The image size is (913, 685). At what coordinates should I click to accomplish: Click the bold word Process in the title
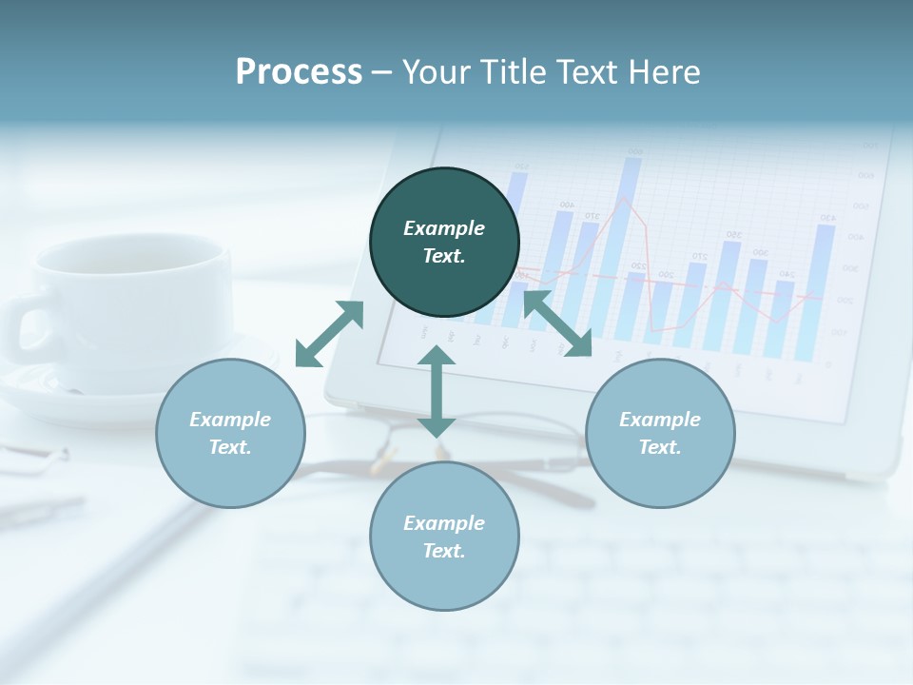click(299, 71)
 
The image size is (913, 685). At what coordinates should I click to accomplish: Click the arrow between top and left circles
click(329, 333)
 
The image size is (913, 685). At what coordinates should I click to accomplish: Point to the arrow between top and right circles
click(557, 324)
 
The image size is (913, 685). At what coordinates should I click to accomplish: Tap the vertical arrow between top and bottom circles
click(437, 391)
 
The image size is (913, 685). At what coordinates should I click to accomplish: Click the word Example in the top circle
click(444, 228)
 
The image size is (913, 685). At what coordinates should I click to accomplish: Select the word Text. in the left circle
click(230, 447)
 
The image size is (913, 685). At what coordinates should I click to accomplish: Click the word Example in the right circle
click(660, 420)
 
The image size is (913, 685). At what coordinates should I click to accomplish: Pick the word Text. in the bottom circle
click(444, 551)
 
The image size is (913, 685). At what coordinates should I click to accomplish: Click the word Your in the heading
click(434, 71)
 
